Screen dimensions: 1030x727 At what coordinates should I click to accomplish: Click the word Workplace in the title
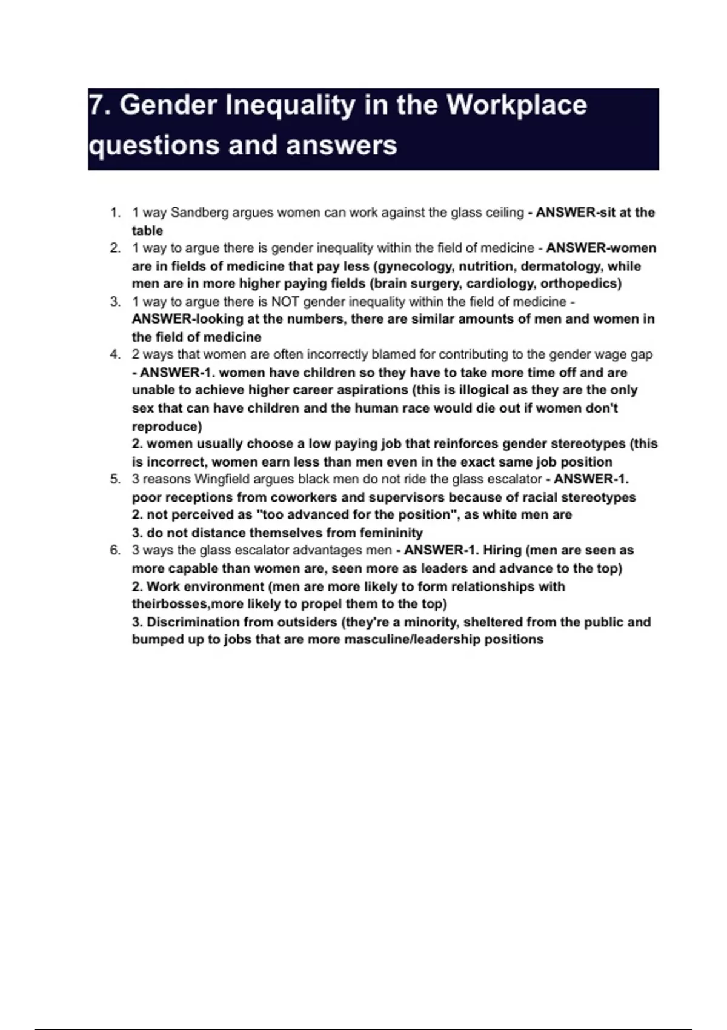point(516,105)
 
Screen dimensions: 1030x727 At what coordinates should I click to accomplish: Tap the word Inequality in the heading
point(290,105)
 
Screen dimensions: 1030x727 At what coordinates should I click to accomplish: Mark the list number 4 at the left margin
point(115,354)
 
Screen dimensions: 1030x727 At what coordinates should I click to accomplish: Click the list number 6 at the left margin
point(115,550)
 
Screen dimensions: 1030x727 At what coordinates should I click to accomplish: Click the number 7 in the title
point(95,105)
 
